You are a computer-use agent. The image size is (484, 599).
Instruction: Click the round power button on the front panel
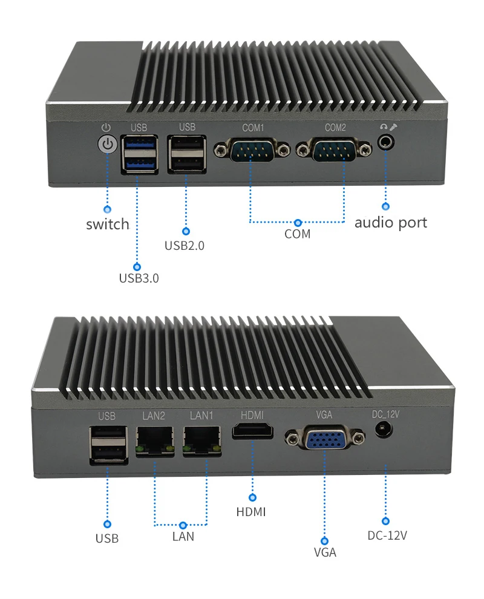[107, 145]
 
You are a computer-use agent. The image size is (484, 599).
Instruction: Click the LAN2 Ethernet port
[154, 442]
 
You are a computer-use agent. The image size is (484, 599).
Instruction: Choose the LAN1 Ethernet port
[202, 442]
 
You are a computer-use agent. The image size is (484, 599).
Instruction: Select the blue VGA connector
[325, 437]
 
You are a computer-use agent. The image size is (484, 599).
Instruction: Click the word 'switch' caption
[108, 224]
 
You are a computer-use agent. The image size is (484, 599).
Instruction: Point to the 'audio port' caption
[390, 223]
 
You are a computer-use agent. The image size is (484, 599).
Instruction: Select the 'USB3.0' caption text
[139, 278]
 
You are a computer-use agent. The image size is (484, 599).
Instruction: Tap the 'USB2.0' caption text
[185, 246]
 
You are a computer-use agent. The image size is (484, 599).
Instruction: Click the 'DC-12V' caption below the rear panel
[387, 535]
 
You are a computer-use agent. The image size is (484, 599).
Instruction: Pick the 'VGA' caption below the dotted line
[325, 552]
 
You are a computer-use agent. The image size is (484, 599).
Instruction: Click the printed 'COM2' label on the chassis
[335, 128]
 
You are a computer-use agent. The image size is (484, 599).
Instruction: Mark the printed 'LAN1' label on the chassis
[201, 416]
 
